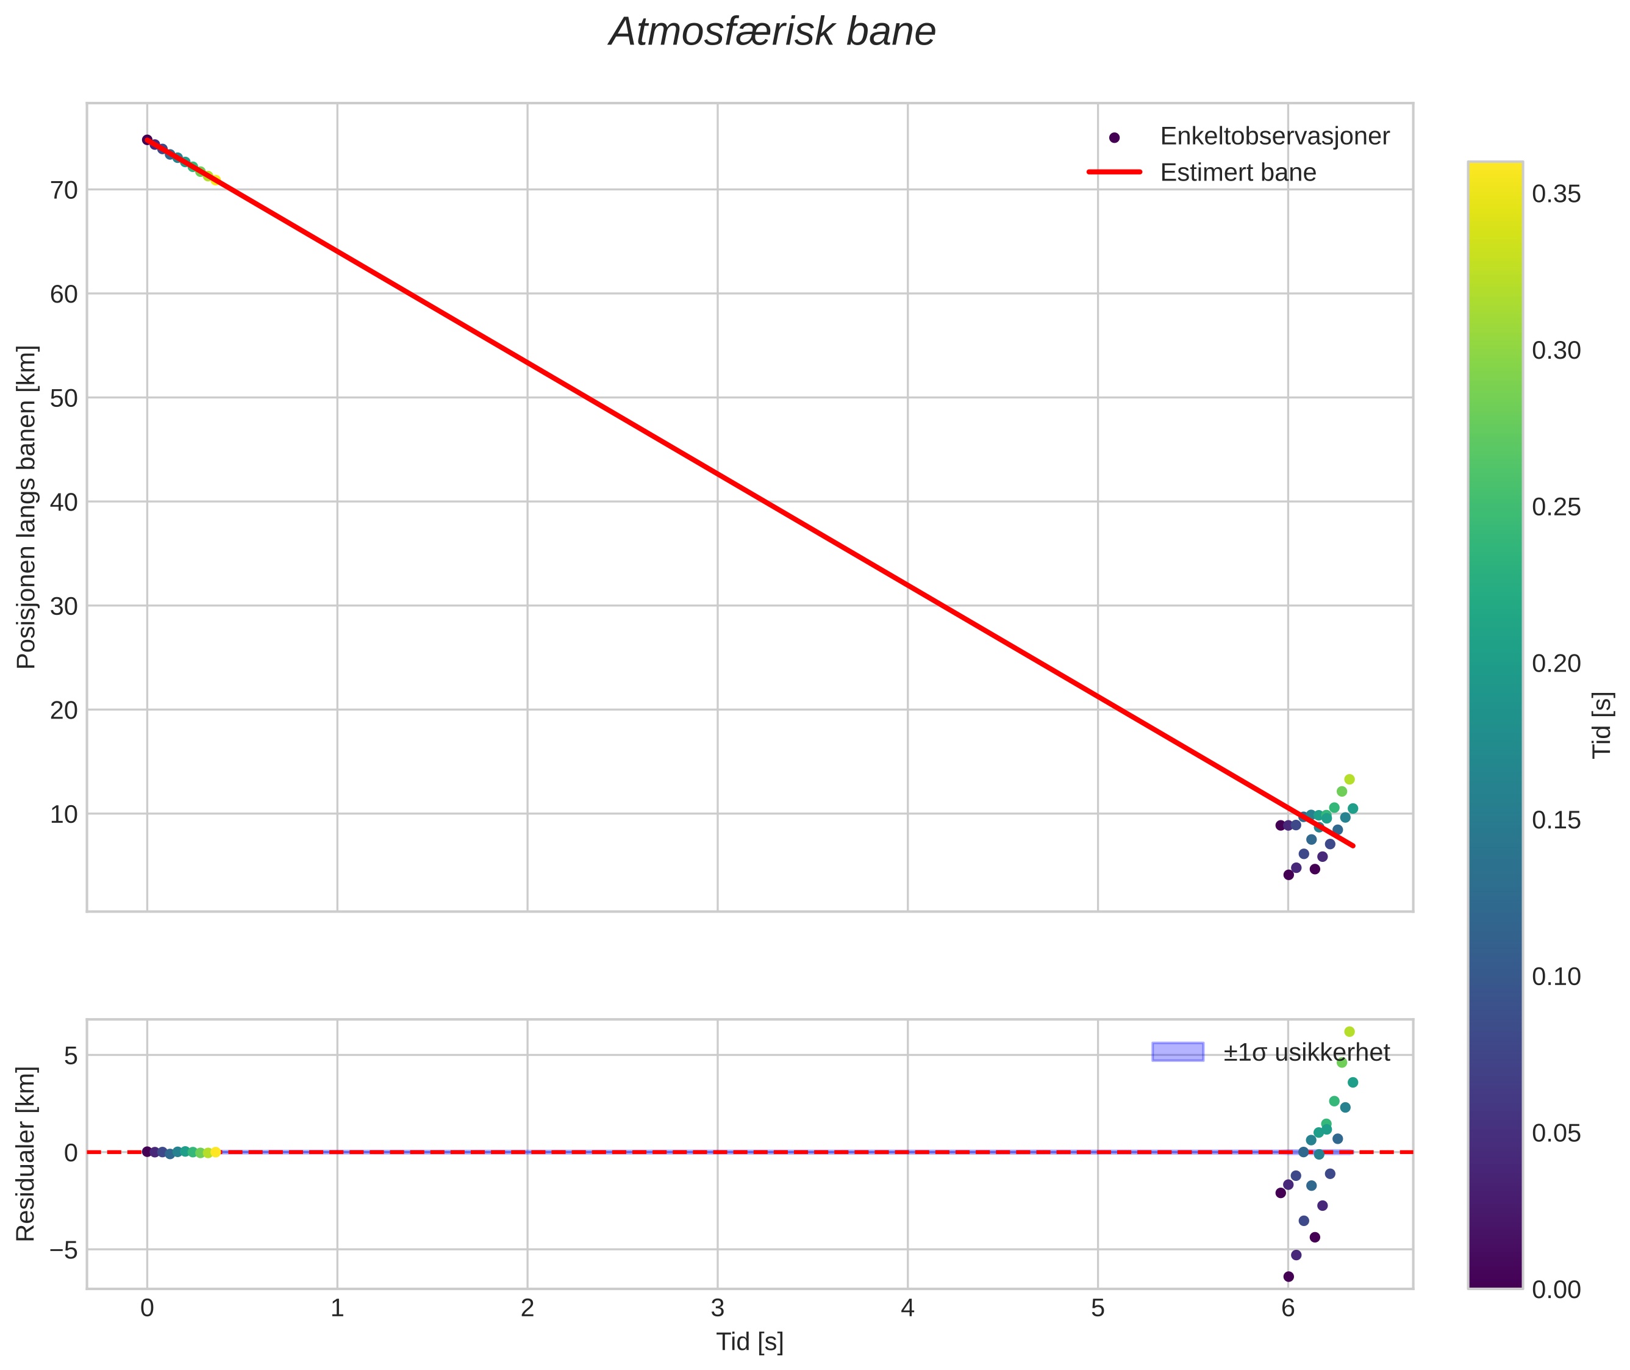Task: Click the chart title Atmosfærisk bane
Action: pos(772,32)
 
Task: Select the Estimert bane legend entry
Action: pos(1238,173)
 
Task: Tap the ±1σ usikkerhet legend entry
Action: pos(1306,1052)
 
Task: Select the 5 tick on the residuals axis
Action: pos(71,1055)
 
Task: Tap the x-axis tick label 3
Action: pos(718,1308)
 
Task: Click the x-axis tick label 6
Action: pos(1287,1308)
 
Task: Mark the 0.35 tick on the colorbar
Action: pos(1556,194)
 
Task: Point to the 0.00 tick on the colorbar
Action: pos(1556,1290)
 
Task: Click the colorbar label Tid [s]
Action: pos(1602,725)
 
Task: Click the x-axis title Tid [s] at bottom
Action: pos(749,1342)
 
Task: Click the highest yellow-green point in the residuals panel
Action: pos(1349,1031)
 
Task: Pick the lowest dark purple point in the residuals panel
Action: pos(1289,1276)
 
